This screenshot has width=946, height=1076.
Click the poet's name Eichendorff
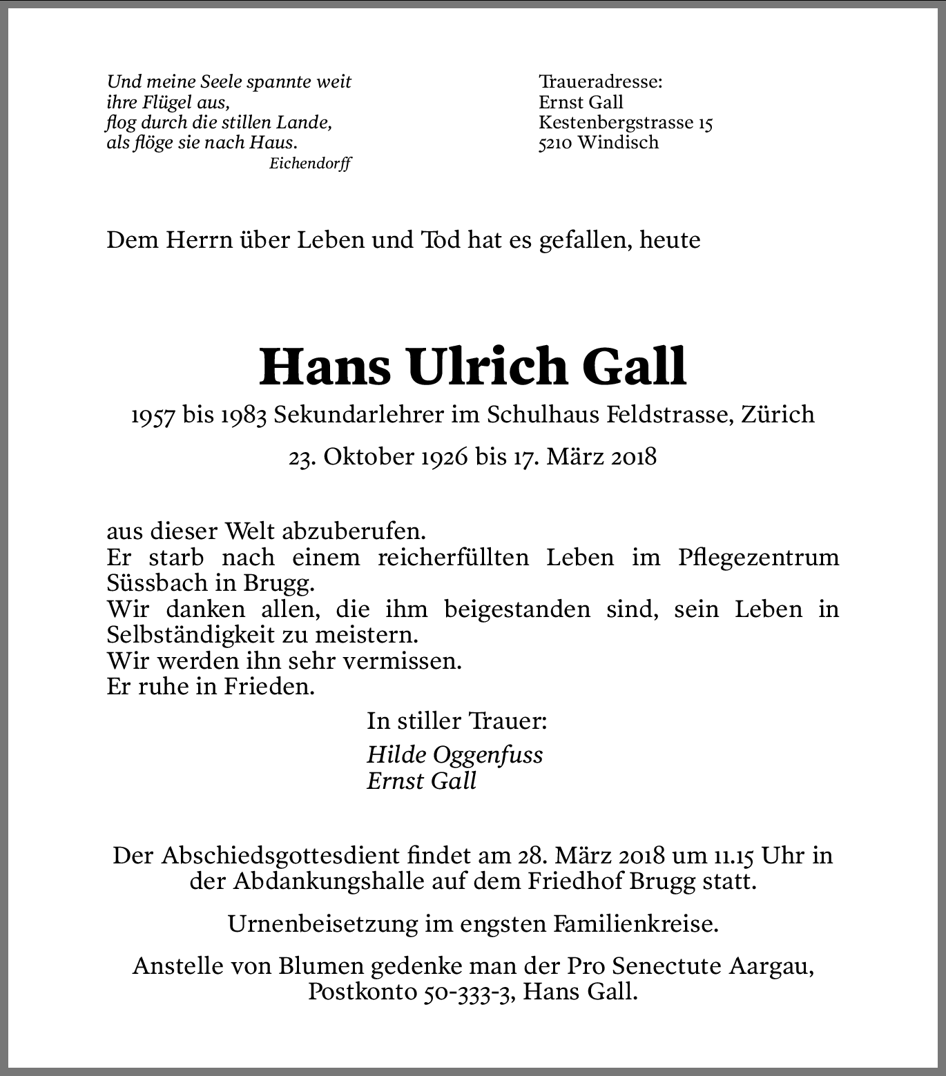[310, 164]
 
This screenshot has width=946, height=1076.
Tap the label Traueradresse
[600, 82]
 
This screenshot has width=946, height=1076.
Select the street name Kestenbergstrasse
[616, 123]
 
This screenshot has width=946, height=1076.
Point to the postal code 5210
[555, 143]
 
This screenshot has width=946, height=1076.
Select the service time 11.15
[735, 856]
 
